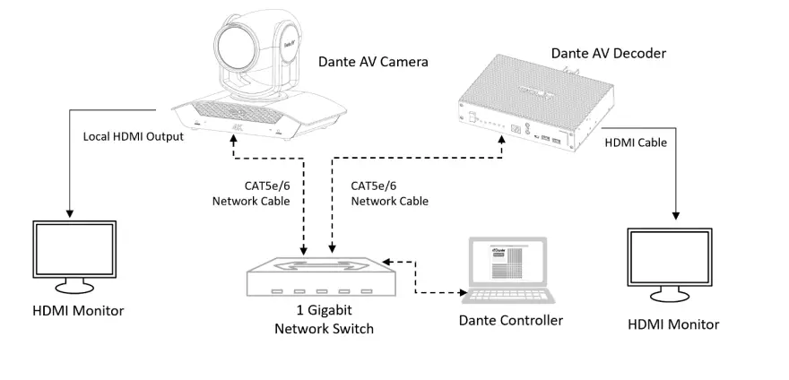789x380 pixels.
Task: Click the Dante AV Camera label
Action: [x=373, y=62]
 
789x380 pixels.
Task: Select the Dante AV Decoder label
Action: [x=609, y=54]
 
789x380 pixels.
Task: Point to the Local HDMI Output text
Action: [x=134, y=136]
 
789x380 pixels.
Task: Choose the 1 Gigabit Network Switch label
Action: [x=323, y=321]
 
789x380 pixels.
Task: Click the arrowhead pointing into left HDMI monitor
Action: [x=69, y=212]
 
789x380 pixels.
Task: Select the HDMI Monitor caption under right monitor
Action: [x=674, y=324]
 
